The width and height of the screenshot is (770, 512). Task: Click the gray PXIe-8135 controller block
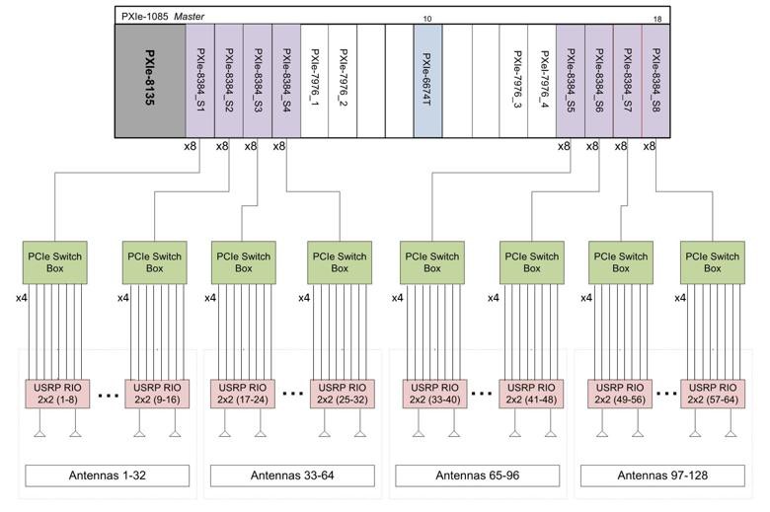(150, 81)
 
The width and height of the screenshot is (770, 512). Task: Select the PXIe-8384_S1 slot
(200, 81)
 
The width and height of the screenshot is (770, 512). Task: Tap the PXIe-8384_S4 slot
(286, 81)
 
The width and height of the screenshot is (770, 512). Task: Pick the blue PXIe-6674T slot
(427, 81)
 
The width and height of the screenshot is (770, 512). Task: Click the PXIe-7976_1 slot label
(315, 77)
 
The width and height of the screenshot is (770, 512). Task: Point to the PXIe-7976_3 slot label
(517, 79)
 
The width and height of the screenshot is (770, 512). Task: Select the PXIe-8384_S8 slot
(656, 81)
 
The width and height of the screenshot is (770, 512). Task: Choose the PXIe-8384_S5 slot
(571, 81)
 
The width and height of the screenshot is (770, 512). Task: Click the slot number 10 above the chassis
(427, 19)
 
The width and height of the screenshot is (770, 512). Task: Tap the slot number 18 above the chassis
(657, 19)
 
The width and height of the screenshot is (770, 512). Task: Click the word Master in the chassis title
(190, 16)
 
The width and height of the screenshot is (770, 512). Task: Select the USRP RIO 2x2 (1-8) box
(58, 394)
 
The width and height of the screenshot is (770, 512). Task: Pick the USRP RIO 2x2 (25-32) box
(343, 394)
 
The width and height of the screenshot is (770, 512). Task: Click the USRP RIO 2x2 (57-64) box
(713, 394)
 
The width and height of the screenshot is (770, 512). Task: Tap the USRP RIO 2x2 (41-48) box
(531, 394)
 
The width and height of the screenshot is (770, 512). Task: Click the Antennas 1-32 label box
(107, 475)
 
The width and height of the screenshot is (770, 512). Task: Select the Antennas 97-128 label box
(662, 475)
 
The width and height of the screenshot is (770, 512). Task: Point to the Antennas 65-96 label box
(478, 475)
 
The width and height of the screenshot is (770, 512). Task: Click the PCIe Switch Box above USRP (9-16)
(155, 262)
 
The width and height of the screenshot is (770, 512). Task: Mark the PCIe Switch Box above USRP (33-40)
(432, 262)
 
